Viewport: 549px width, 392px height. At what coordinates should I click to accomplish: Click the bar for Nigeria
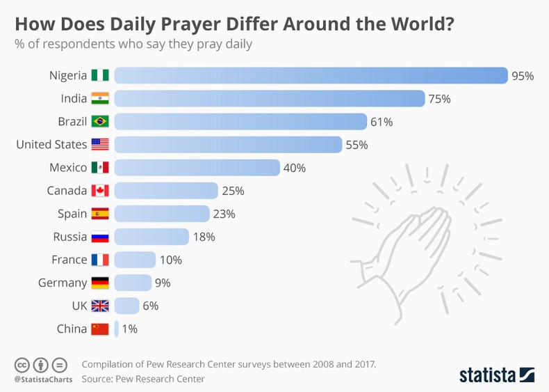pos(311,75)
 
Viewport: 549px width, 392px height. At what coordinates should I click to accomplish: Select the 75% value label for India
pos(439,99)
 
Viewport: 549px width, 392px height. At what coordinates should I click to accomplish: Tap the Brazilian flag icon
pos(100,122)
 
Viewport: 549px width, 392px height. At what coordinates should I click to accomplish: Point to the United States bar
pos(228,145)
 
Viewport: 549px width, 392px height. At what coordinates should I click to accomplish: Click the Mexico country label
pos(68,168)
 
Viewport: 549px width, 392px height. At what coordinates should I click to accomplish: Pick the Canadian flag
pos(100,191)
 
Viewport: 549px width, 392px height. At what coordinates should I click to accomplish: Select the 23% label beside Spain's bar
pos(224,214)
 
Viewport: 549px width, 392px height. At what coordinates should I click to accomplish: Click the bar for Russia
pos(151,237)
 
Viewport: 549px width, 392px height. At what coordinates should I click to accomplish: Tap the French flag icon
pos(100,260)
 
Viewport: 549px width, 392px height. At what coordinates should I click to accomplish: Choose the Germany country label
pos(62,283)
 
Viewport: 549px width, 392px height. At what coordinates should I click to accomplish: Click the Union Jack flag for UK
pos(100,306)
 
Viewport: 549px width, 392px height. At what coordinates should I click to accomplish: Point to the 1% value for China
pos(129,329)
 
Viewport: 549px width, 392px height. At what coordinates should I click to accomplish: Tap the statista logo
pos(496,375)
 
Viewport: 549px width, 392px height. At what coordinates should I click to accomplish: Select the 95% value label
pos(523,76)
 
